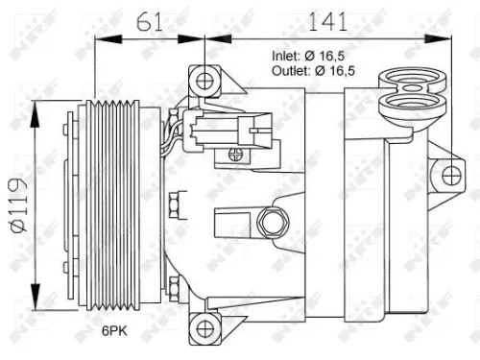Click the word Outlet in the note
[291, 70]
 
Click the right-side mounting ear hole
[447, 174]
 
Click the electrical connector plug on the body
[230, 128]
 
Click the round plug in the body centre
[272, 223]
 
